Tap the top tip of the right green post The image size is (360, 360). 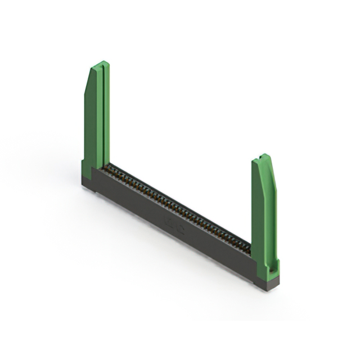point(263,156)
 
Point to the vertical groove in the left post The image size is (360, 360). point(102,118)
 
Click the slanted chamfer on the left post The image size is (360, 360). point(89,79)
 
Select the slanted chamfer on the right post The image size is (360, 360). point(272,169)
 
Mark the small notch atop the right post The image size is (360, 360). point(263,156)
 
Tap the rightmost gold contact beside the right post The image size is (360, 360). point(248,247)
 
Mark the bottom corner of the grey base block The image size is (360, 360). point(269,290)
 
